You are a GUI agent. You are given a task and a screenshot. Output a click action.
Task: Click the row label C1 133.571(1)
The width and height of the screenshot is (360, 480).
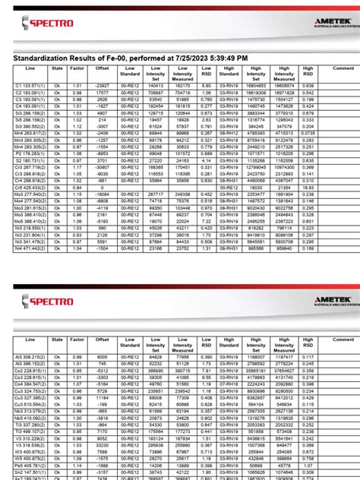pos(30,86)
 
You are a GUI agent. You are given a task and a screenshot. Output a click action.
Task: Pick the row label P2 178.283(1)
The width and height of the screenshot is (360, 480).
pos(30,153)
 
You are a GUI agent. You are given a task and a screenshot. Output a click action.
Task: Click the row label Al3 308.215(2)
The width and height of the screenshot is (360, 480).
pos(30,355)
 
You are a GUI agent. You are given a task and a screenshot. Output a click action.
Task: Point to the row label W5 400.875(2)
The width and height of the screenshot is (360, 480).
pos(30,459)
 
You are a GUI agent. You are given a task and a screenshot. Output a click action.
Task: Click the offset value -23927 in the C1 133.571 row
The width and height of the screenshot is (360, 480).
pos(103,86)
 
